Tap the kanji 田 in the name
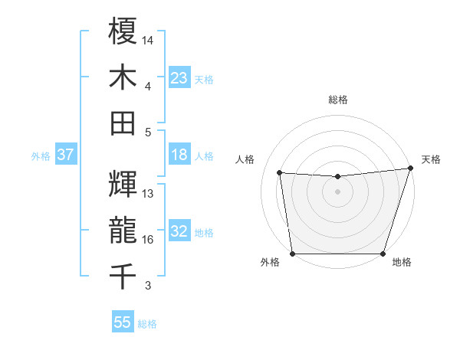pyautogui.click(x=123, y=123)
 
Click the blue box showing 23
pyautogui.click(x=179, y=77)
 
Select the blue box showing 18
pyautogui.click(x=179, y=155)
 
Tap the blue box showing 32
pyautogui.click(x=179, y=231)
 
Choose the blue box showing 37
pyautogui.click(x=65, y=155)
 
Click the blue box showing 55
pyautogui.click(x=123, y=322)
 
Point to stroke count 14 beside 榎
pyautogui.click(x=148, y=40)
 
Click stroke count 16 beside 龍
pyautogui.click(x=148, y=240)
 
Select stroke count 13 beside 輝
pyautogui.click(x=148, y=194)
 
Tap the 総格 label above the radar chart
pyautogui.click(x=337, y=100)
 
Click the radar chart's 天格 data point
pyautogui.click(x=410, y=169)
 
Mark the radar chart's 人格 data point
pyautogui.click(x=280, y=173)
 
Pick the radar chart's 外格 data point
pyautogui.click(x=292, y=254)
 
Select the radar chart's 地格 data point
pyautogui.click(x=383, y=254)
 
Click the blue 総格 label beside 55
pyautogui.click(x=147, y=324)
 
